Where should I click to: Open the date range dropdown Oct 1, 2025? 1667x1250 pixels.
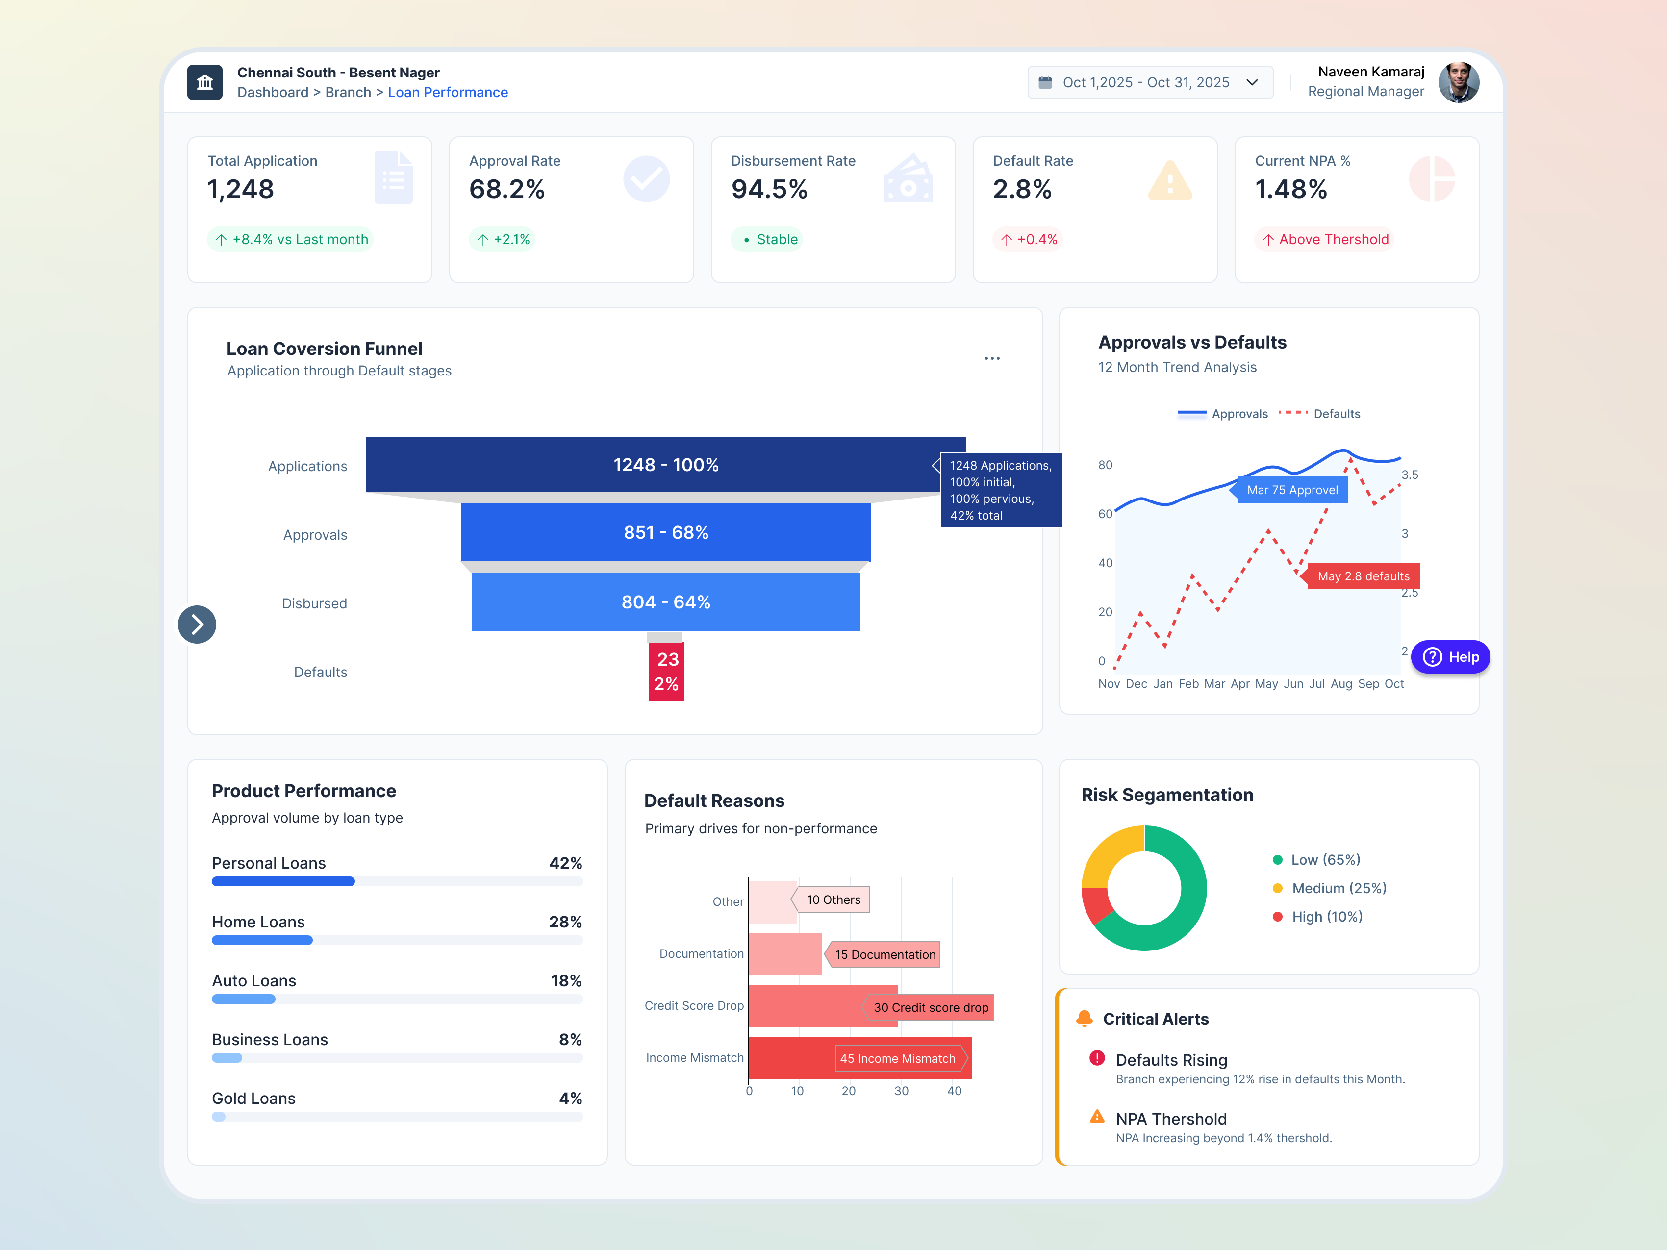tap(1149, 83)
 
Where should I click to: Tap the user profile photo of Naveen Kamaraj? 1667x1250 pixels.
tap(1458, 83)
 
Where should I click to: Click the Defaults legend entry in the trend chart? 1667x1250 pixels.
tap(1336, 414)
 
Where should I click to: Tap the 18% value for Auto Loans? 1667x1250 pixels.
tap(565, 981)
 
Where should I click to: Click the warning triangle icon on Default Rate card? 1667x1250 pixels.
tap(1170, 181)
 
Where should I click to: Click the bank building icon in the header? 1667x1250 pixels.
tap(205, 83)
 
